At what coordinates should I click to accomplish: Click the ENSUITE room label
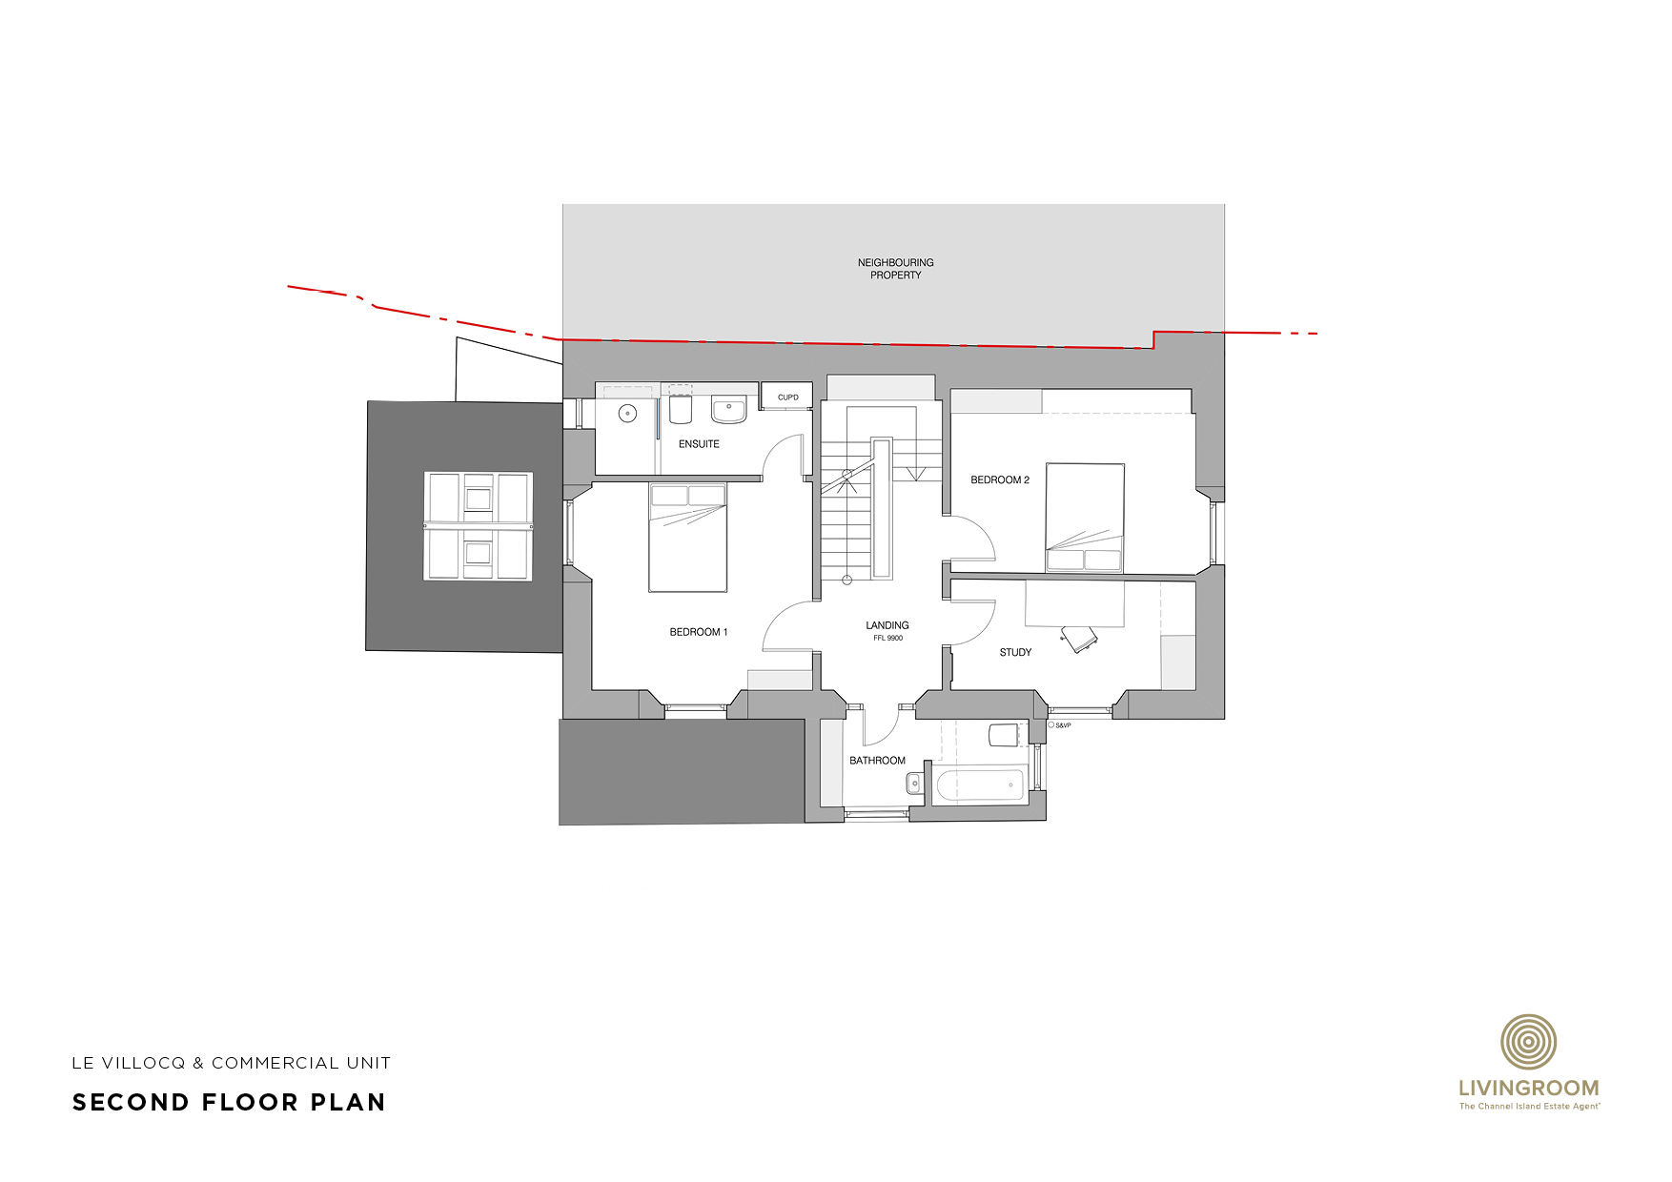point(699,444)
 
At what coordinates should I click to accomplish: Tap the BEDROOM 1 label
point(699,632)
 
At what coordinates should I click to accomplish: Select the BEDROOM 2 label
point(1000,480)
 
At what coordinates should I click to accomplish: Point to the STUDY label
point(1015,653)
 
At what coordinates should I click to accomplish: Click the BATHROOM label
point(877,761)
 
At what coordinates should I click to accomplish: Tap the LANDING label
point(887,625)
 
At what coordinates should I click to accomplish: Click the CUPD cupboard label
point(788,397)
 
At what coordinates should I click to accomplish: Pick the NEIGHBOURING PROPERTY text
point(896,269)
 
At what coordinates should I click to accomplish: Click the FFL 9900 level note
point(888,639)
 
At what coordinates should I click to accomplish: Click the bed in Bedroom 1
point(687,537)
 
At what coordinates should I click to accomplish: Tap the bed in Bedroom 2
point(1085,518)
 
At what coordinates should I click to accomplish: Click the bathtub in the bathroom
point(980,785)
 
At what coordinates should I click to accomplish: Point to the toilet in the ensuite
point(681,409)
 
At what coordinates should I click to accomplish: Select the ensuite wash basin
point(729,409)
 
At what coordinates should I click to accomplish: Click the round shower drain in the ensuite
point(627,414)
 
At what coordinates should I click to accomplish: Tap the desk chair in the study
point(1080,639)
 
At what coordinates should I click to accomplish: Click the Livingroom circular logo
point(1529,1042)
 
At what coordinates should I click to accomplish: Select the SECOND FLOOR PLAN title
point(229,1103)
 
